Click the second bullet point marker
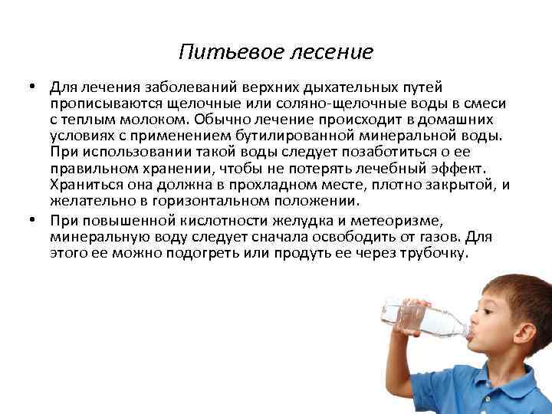pos(35,219)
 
